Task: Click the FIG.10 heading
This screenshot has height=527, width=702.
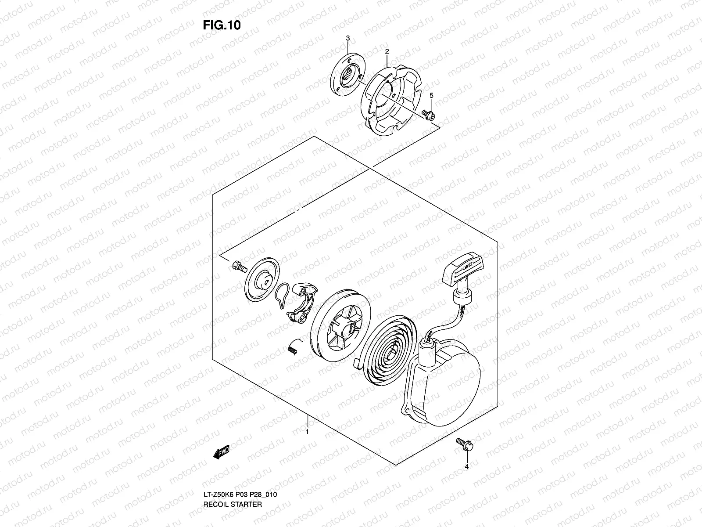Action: (222, 25)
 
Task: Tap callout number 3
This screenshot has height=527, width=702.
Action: (347, 39)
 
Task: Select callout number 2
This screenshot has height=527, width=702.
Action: (387, 51)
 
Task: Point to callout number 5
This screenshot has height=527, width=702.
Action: (431, 95)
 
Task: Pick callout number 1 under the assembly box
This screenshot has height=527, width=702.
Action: (308, 432)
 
